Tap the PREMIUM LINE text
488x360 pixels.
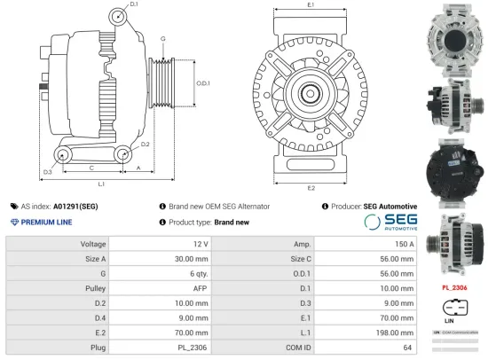45,222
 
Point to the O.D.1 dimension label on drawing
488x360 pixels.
203,83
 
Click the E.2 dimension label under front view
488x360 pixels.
311,189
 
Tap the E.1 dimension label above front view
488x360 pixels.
311,5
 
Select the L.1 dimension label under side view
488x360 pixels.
102,184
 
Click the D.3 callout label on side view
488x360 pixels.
47,170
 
